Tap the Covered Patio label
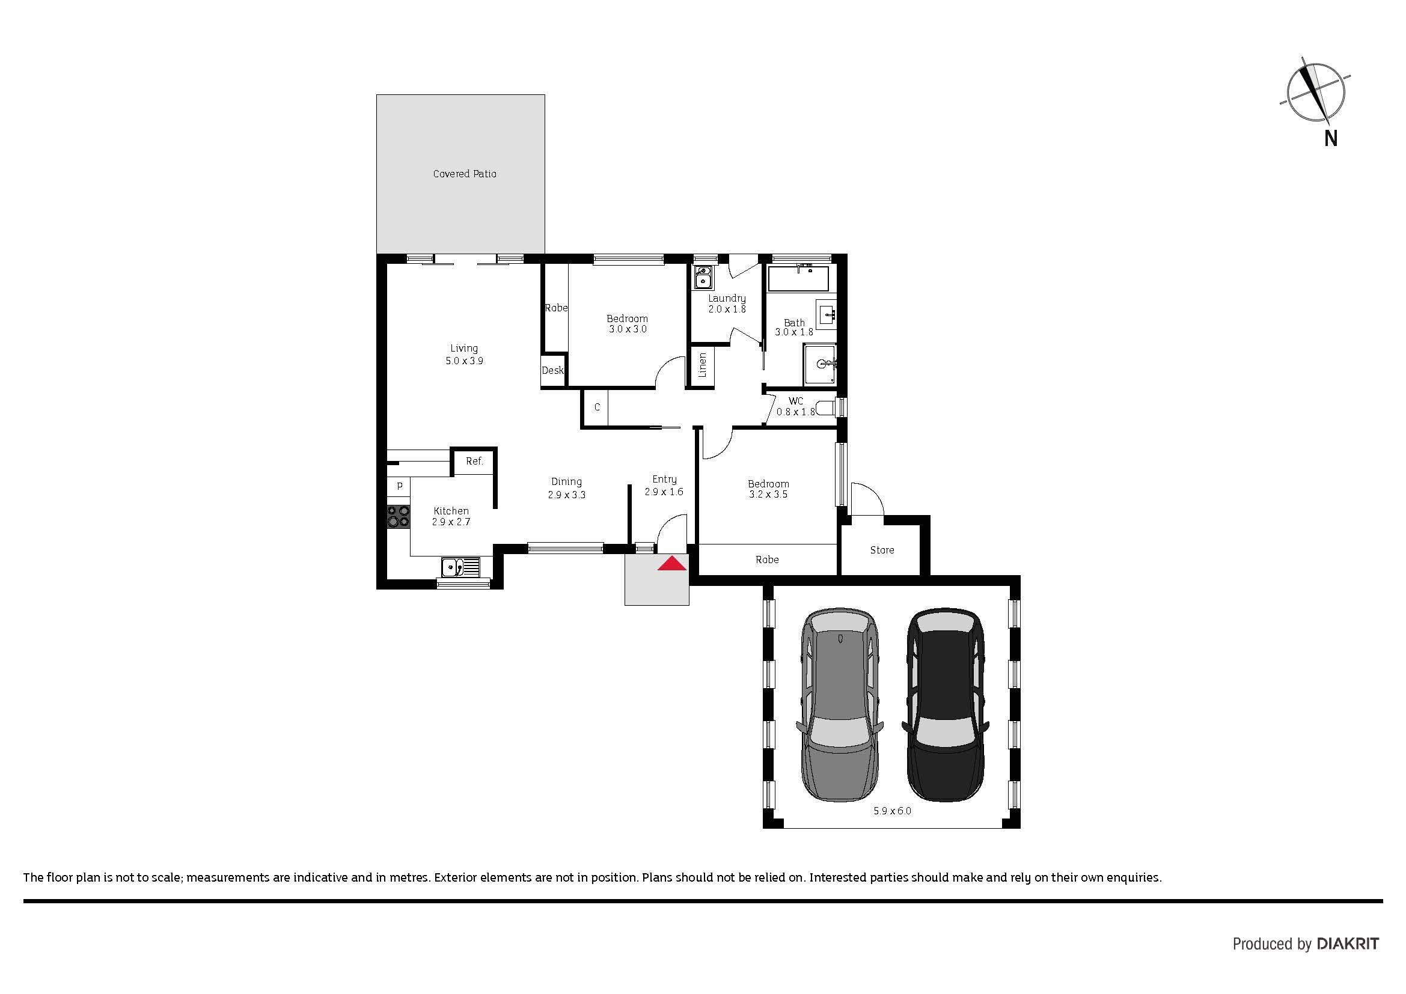point(465,174)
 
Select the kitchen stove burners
point(398,516)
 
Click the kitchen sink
point(460,567)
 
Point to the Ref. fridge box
point(474,462)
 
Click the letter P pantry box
point(399,487)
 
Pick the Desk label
point(552,370)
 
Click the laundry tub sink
point(703,277)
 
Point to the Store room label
point(882,550)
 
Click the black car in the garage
point(945,705)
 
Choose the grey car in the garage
point(840,705)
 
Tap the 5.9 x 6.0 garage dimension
point(892,811)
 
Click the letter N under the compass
point(1330,139)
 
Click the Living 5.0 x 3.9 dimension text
point(464,361)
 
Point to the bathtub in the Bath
point(798,279)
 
